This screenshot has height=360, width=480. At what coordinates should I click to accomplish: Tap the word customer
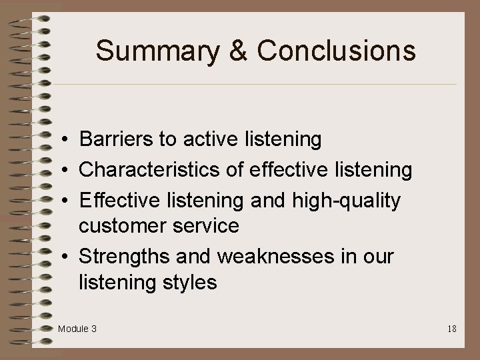click(x=123, y=226)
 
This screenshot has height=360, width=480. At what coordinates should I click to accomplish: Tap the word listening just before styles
click(x=114, y=283)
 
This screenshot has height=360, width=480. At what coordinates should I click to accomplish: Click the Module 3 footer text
click(x=77, y=329)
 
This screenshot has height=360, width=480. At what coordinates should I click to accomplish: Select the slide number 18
click(x=451, y=329)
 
